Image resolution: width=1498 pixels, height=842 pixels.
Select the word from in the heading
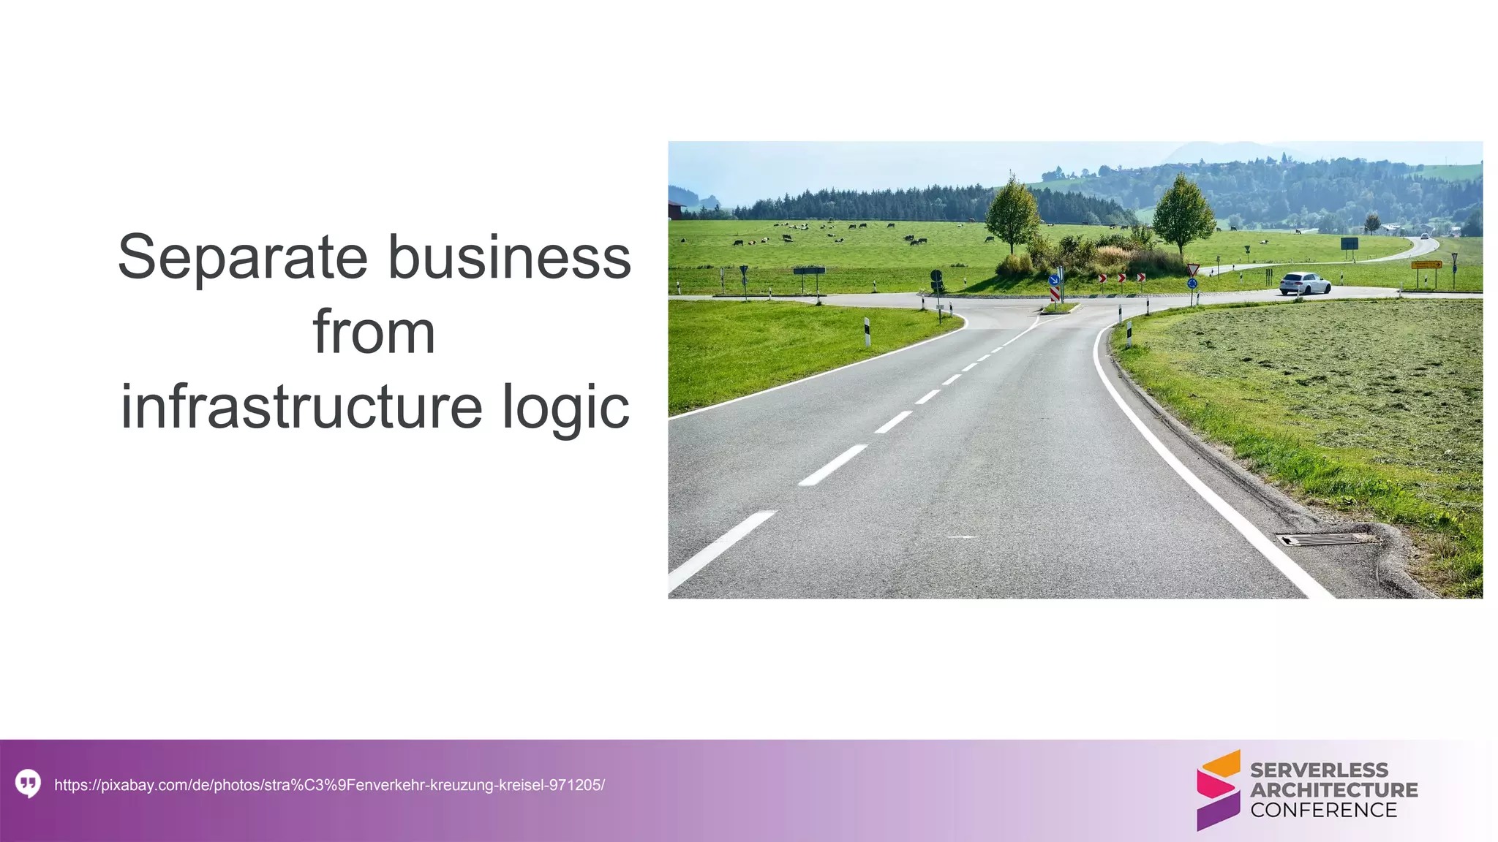(x=374, y=332)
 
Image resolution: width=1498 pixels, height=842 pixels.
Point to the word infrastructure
(x=301, y=407)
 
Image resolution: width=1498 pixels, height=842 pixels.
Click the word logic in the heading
(x=565, y=407)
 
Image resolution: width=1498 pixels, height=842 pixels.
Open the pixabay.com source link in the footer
(x=329, y=785)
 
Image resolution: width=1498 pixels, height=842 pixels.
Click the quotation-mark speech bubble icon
(x=28, y=784)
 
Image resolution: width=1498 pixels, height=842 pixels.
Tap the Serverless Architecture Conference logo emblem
(x=1218, y=790)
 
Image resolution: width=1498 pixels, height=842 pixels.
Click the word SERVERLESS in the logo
(x=1319, y=770)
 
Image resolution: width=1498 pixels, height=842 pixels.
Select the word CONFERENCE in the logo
(x=1323, y=810)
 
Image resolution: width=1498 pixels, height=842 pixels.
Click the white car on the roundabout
(x=1305, y=284)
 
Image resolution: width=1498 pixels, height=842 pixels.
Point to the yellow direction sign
(x=1426, y=265)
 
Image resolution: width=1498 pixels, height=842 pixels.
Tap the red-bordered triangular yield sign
(x=1193, y=269)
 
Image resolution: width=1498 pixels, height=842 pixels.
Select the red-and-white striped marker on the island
(x=1055, y=293)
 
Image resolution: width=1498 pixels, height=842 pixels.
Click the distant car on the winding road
(x=1424, y=236)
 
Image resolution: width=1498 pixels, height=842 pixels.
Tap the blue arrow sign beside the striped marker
(x=1054, y=279)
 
